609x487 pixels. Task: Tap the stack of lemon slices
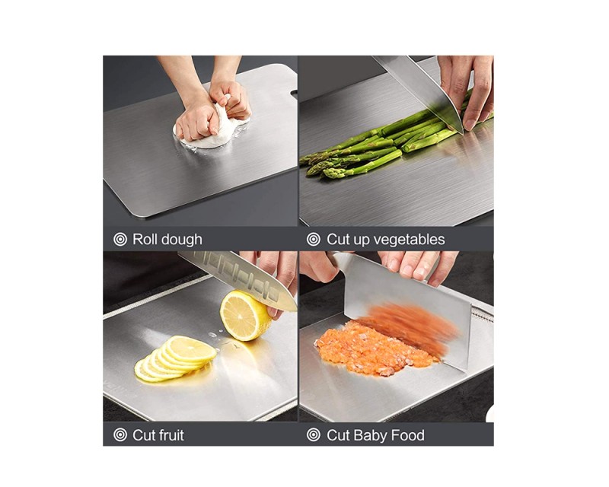tap(175, 359)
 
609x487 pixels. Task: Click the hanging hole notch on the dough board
tap(293, 93)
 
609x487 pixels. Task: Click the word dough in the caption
tap(182, 240)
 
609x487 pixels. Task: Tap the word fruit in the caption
tap(170, 435)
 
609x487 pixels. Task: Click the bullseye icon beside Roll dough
tap(120, 239)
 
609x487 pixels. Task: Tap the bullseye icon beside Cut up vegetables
tap(314, 239)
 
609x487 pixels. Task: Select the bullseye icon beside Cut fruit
tap(120, 435)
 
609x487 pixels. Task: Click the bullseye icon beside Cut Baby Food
tap(314, 435)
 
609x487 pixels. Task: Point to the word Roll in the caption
tap(145, 239)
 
